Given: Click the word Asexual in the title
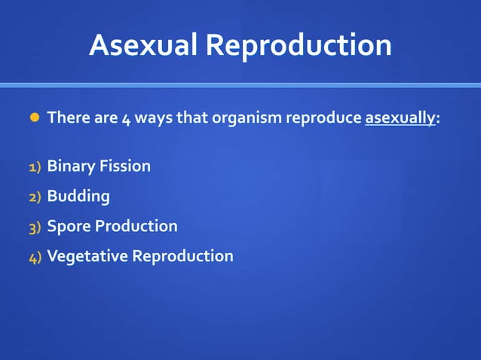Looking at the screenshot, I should (143, 45).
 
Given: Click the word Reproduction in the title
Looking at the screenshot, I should (299, 47).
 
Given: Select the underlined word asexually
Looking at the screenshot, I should (400, 119).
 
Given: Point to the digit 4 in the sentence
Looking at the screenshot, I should (126, 119).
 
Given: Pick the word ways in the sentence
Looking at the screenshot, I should (153, 119).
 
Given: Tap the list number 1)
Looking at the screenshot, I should (35, 167).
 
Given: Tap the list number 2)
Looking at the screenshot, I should (35, 197).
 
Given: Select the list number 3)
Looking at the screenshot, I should (35, 227).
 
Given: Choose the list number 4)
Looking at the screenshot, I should (35, 258).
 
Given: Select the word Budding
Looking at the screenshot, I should (78, 197).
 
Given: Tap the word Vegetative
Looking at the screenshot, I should (87, 257).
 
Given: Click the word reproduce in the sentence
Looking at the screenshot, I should (323, 119).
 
